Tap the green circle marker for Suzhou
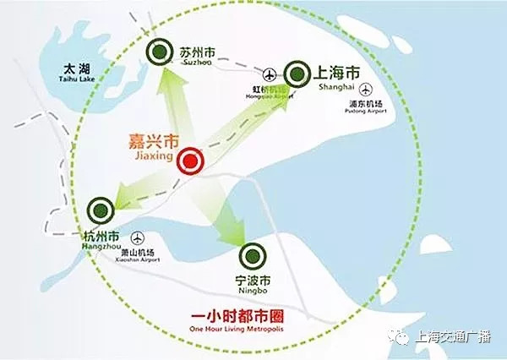point(158,53)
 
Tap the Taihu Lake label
point(63,74)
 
